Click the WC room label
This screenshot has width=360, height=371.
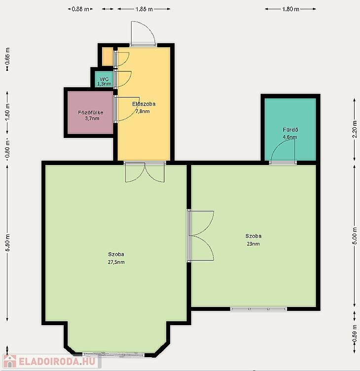[x=104, y=79]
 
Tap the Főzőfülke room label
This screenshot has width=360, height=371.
[x=90, y=113]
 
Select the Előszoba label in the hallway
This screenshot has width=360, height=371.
[x=144, y=104]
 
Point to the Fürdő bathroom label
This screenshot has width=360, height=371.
[x=290, y=130]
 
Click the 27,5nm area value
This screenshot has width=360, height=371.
[x=116, y=262]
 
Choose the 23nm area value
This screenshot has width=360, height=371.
[x=253, y=244]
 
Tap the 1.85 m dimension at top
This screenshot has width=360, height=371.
[x=144, y=9]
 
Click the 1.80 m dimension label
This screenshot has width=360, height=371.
[x=290, y=9]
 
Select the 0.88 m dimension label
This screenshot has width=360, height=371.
[x=80, y=9]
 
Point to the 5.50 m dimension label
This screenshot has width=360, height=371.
[x=7, y=243]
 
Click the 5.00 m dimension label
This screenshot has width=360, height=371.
[x=355, y=236]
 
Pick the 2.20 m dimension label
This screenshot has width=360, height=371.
[x=355, y=129]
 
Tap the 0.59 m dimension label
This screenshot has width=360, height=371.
[x=355, y=333]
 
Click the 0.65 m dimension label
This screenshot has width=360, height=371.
[x=7, y=56]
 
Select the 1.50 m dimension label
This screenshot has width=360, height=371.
[x=7, y=112]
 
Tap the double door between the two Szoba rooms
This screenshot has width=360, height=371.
[x=201, y=236]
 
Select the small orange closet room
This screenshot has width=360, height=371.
[x=108, y=57]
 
